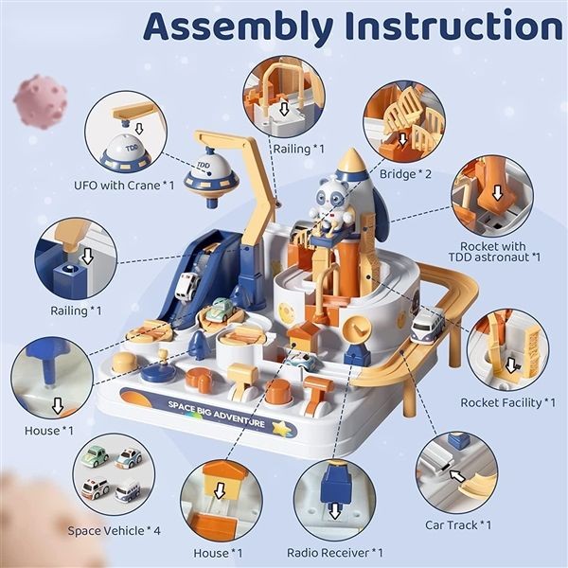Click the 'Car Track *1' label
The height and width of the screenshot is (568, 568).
tap(458, 524)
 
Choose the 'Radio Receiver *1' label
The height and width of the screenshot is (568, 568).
tap(334, 552)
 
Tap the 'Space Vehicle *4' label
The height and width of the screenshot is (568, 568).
tap(115, 530)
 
